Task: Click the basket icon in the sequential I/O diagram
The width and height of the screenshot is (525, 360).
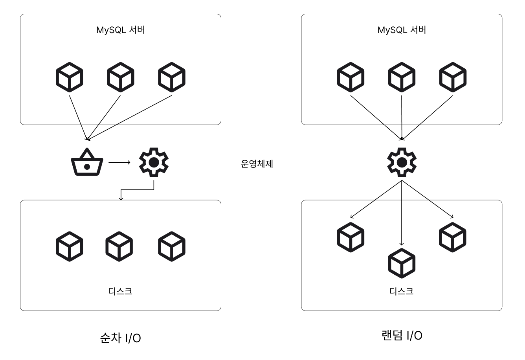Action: pos(87,162)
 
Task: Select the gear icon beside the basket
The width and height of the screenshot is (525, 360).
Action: pos(154,162)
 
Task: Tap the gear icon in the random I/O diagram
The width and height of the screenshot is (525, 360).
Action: pos(402,162)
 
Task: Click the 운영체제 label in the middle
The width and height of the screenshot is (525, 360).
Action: pos(257,163)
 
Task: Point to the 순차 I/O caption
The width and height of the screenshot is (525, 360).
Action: pos(121,338)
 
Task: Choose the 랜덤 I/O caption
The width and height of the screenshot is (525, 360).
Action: pos(402,335)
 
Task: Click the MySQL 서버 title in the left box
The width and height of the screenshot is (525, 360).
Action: pos(121,30)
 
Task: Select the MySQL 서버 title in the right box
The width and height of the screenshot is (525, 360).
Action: pos(402,30)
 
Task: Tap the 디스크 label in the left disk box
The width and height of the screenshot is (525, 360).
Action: pos(120,291)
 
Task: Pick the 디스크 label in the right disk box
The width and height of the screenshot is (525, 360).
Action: pos(402,291)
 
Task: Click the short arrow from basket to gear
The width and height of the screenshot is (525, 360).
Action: pos(119,162)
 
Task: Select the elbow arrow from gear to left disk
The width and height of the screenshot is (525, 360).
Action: pos(137,189)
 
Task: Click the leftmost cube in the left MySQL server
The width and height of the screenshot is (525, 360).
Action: pos(70,77)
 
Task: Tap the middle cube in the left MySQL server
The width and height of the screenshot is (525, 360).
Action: pos(121,77)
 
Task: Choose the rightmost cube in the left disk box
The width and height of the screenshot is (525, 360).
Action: pos(172,246)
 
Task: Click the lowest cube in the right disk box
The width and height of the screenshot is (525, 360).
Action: pos(402,263)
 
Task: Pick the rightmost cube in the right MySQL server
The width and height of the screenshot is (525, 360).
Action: pos(453,77)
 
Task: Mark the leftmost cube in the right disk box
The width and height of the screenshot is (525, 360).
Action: pos(351,237)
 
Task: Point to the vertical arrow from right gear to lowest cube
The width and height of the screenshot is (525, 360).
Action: pos(402,213)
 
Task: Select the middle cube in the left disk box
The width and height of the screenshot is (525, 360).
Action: pos(119,246)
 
